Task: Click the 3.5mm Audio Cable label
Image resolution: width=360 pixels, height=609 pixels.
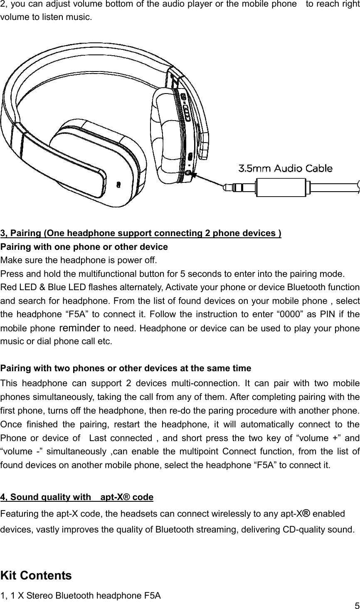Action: (x=285, y=168)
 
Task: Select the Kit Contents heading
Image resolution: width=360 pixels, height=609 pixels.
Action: (x=36, y=576)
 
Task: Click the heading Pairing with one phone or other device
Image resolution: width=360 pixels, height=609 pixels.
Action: (x=84, y=247)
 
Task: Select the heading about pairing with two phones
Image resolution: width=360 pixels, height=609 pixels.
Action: (x=126, y=368)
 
